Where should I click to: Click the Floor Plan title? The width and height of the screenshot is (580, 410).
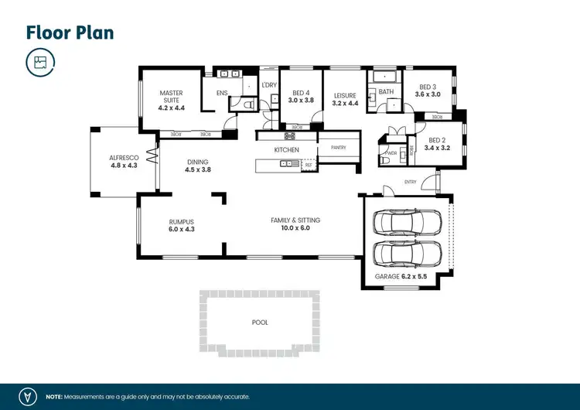coord(70,32)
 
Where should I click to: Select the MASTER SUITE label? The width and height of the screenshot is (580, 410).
coord(172,97)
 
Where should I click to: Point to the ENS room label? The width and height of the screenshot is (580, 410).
coord(222,93)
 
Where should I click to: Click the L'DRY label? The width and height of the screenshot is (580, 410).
coord(269,85)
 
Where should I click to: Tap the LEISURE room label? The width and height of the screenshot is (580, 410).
coord(345,95)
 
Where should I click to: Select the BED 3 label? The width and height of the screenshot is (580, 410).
coord(428,87)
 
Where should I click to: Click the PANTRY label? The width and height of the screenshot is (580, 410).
coord(338,147)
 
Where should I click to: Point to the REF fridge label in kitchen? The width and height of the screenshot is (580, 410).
coord(309,164)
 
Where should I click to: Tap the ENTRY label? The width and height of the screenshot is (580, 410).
coord(410,183)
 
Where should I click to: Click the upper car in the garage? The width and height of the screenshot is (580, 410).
coord(408,223)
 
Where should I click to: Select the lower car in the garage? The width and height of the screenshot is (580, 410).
coord(408,252)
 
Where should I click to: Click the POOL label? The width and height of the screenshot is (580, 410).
coord(260,323)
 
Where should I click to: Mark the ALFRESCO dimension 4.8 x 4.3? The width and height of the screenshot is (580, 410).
coord(124,166)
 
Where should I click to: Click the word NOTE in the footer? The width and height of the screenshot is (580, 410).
coord(55,395)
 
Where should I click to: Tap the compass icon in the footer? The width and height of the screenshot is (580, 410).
coord(29,395)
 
